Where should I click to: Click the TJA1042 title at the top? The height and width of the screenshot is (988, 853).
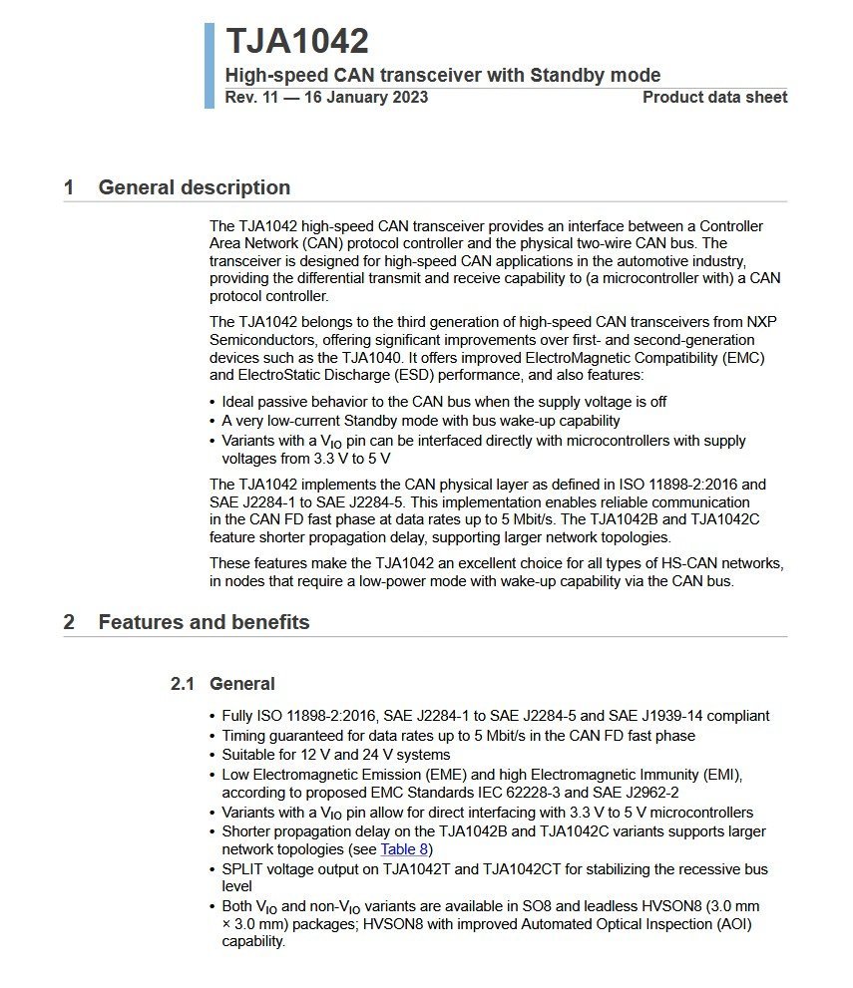(x=296, y=42)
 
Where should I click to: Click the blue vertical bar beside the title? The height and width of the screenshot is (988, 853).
(x=210, y=65)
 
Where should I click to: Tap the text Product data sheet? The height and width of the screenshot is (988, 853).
(x=714, y=97)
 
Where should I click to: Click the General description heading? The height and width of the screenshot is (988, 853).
(x=194, y=187)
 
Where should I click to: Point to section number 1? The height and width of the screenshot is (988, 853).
(x=69, y=187)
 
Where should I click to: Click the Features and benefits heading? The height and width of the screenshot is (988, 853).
(x=204, y=622)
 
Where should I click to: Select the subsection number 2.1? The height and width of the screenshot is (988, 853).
(x=183, y=684)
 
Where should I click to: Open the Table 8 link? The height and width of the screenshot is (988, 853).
(x=404, y=850)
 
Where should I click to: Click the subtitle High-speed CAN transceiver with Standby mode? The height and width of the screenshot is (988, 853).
(x=442, y=75)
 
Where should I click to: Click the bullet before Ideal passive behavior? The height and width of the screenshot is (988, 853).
(x=213, y=402)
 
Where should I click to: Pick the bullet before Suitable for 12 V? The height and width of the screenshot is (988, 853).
(x=213, y=755)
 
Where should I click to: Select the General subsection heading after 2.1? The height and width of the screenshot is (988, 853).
(x=241, y=684)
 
